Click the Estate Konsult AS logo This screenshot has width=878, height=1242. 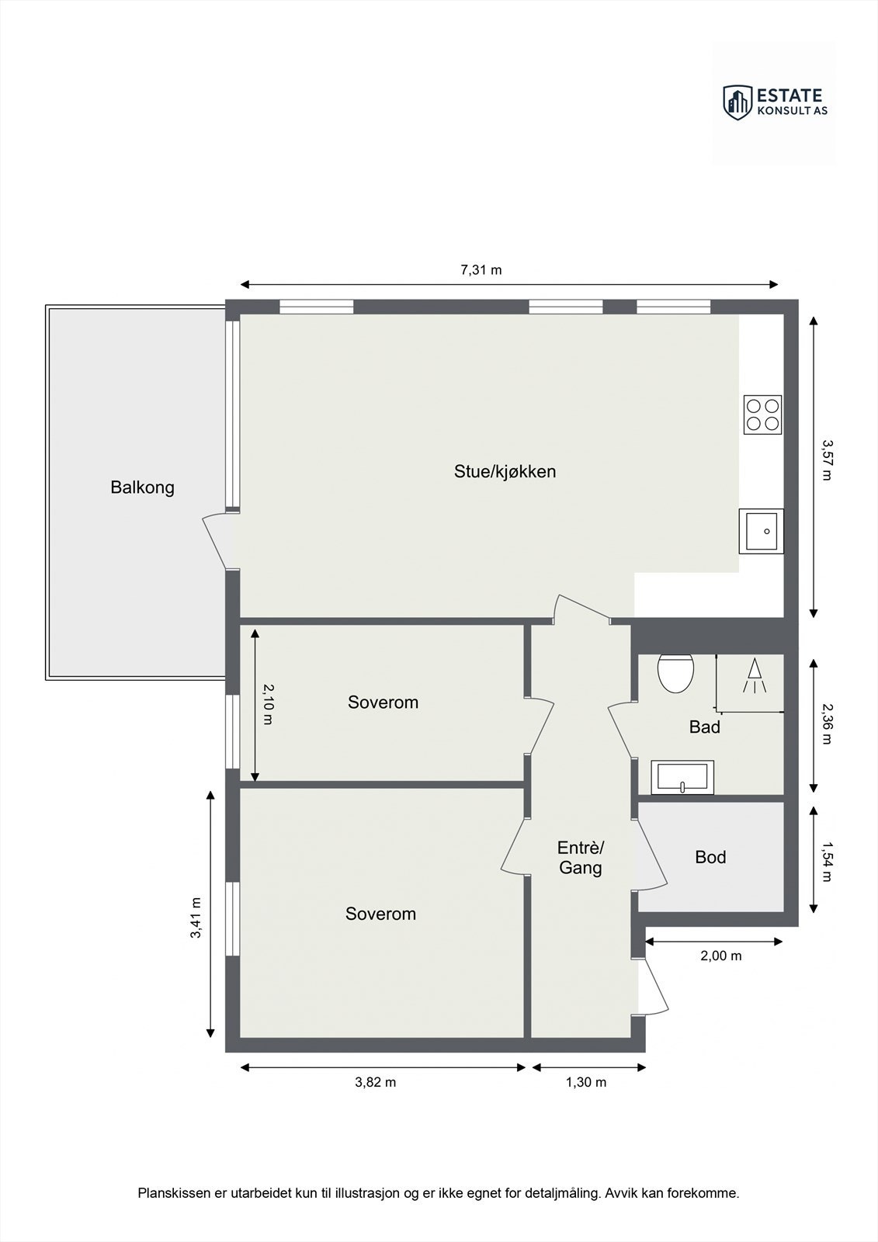[x=774, y=102]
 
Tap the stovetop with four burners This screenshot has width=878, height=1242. [x=762, y=415]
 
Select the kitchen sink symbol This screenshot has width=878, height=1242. [x=761, y=531]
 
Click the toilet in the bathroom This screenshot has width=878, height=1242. [x=675, y=672]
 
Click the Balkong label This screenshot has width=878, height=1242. [x=142, y=487]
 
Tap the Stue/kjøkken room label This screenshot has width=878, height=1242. [x=505, y=471]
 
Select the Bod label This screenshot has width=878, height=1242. [x=710, y=857]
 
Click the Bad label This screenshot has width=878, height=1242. [x=704, y=727]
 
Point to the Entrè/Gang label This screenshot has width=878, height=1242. [x=580, y=857]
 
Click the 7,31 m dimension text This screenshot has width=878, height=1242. [x=481, y=270]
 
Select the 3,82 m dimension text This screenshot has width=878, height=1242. [x=375, y=1082]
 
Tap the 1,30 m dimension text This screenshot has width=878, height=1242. [x=586, y=1082]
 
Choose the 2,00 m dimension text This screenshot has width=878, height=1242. [x=720, y=956]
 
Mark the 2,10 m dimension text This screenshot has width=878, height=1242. [x=267, y=703]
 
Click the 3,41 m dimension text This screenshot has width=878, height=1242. [x=196, y=918]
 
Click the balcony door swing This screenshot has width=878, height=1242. [x=215, y=541]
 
